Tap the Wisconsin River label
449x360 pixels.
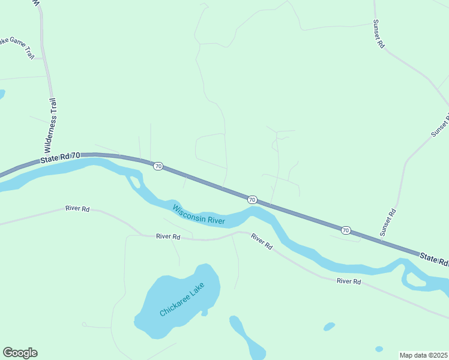[199, 215]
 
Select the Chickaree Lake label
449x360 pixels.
[182, 299]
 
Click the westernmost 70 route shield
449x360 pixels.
[157, 166]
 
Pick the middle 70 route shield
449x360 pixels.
[252, 199]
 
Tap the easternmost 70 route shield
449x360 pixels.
[346, 230]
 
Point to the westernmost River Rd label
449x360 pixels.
[77, 209]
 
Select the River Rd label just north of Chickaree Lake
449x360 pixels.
[168, 237]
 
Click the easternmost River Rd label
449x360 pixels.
[348, 281]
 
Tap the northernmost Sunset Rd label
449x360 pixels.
[378, 34]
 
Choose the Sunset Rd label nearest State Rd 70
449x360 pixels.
[388, 221]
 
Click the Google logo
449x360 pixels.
[20, 353]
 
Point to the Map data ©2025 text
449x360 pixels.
[424, 355]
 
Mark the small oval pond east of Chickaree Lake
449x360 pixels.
[329, 327]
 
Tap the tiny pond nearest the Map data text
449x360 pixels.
[379, 349]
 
